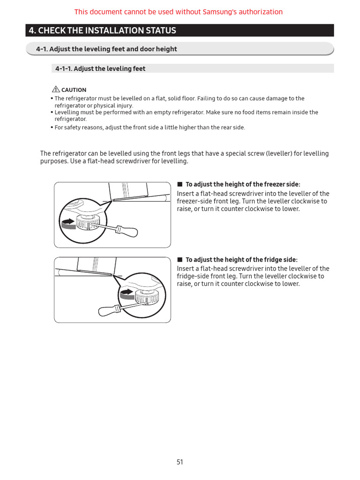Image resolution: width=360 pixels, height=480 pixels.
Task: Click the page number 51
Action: (x=180, y=462)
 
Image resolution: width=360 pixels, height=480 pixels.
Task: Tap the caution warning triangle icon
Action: (x=56, y=90)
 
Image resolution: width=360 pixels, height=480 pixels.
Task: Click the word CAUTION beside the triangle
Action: (x=74, y=90)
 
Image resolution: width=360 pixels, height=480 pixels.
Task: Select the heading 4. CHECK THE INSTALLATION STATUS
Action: (x=102, y=31)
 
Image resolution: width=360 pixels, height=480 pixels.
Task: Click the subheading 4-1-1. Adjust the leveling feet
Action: (x=100, y=69)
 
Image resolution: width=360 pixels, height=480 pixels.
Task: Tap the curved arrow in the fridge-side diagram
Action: (x=127, y=293)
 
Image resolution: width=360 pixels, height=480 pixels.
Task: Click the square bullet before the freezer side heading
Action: (x=180, y=184)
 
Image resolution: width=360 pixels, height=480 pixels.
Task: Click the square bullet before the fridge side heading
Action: (x=180, y=259)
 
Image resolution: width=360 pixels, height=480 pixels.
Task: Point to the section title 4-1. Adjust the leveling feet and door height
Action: (x=107, y=49)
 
